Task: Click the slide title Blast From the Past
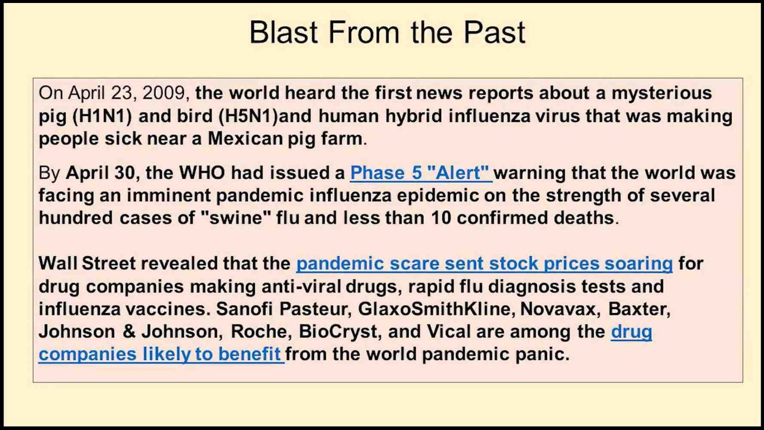pos(387,32)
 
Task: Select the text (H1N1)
pos(102,116)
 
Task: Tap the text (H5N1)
pos(248,116)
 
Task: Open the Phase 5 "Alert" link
pos(421,173)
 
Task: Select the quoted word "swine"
pos(236,218)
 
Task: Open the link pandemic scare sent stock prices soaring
pos(484,264)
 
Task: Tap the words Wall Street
pos(87,263)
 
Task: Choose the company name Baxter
pos(639,309)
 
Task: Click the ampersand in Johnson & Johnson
pos(129,331)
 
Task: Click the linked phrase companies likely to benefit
pos(159,355)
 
